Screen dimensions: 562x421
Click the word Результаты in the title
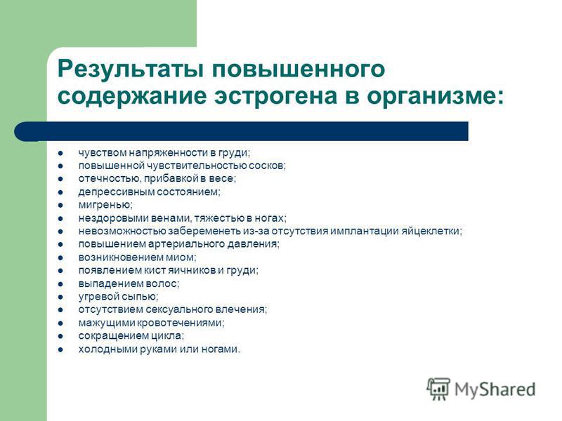129,68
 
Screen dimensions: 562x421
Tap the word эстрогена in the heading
275,96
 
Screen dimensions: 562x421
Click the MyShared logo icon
438,389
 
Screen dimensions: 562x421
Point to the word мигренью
105,205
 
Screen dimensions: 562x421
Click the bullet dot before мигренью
60,205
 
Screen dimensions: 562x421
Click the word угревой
99,297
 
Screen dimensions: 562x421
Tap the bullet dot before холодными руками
60,349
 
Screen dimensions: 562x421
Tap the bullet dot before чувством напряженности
60,153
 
